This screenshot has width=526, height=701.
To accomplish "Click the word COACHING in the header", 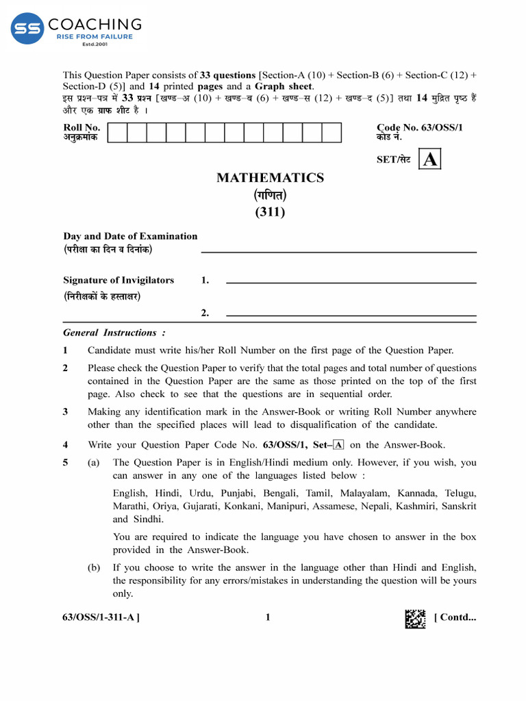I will click(95, 25).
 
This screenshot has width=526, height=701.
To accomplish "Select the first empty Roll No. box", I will click(118, 132).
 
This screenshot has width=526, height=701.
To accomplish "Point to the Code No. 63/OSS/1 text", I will click(419, 127).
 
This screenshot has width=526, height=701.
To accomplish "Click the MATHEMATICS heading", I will click(270, 178).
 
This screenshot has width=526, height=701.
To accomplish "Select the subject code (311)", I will click(270, 212).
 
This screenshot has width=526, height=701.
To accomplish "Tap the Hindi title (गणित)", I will click(270, 195).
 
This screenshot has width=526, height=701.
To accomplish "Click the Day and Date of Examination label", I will click(130, 236).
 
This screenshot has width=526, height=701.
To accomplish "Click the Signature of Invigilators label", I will click(118, 280).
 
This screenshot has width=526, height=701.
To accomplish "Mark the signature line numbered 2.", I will click(351, 315).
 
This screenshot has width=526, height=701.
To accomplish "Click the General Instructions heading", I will click(114, 333).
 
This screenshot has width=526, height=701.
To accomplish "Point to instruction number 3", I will click(66, 412).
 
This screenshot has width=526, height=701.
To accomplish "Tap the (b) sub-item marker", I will click(94, 568).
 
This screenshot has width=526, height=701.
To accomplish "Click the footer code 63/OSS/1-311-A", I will click(101, 617).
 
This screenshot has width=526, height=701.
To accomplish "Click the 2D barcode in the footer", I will click(415, 618).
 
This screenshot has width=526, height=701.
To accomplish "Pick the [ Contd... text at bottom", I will click(455, 617).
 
